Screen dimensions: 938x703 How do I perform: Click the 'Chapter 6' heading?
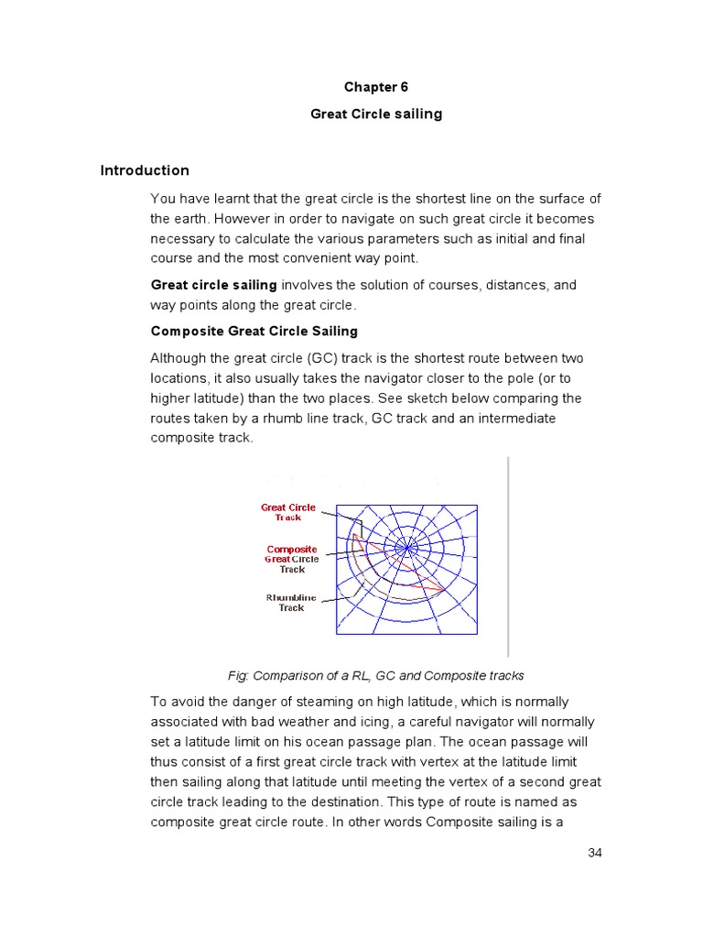(x=375, y=87)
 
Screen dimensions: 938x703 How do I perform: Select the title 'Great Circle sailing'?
(x=375, y=114)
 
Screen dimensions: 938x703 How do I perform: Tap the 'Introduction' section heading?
(x=145, y=170)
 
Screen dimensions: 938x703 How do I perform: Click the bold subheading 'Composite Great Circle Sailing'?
(x=254, y=331)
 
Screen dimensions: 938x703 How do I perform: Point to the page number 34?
(x=595, y=853)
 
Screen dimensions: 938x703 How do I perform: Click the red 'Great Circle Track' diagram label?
(x=288, y=512)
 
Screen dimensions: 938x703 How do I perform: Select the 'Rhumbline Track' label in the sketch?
(x=291, y=602)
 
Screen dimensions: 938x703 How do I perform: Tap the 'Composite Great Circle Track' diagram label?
(x=292, y=559)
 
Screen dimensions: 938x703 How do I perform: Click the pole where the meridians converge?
(x=405, y=550)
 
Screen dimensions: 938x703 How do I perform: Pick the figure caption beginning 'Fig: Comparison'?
(x=375, y=676)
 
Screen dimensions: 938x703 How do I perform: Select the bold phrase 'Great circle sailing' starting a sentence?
(x=213, y=285)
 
